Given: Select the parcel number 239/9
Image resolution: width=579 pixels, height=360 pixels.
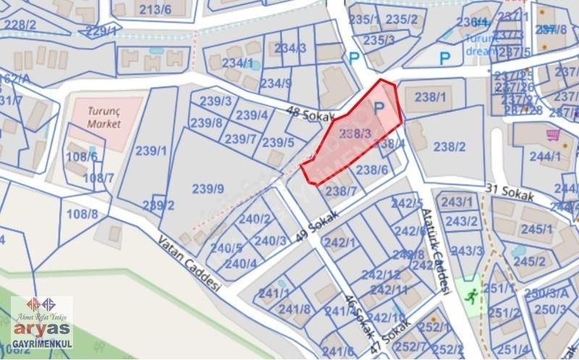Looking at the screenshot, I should coord(208,189).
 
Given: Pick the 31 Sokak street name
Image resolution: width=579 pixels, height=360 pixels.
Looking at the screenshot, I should coord(509,193).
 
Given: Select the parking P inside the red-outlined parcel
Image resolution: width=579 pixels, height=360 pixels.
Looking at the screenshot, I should coord(379,109).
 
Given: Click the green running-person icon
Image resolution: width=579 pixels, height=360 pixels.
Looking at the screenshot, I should coord(471,296).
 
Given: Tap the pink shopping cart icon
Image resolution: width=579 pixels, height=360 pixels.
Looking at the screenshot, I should coord(553,135).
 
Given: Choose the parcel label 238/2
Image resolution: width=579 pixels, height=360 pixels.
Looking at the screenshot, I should coord(449,147).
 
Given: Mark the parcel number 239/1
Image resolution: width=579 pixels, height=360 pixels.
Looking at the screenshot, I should coord(151,151).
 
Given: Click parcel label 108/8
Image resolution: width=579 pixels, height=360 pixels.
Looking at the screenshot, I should coord(82,214).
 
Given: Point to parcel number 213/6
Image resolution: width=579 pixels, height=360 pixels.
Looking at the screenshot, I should coord(155,9).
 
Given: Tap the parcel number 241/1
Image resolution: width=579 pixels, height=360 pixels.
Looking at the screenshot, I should coord(274,293).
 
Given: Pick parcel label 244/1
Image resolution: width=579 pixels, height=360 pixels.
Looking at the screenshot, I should coord(545,156).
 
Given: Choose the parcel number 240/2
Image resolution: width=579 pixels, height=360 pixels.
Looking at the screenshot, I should coord(255,219).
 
